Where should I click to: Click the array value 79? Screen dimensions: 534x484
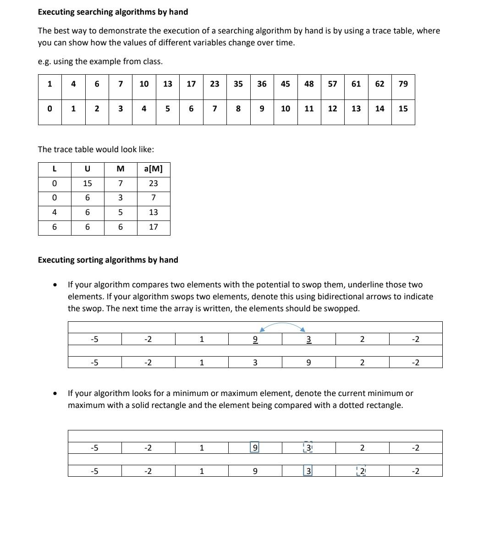tap(403, 84)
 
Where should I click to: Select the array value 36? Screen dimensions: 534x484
tap(262, 84)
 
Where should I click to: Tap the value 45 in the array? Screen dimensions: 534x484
tap(285, 84)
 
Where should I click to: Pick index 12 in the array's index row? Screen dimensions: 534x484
tap(332, 109)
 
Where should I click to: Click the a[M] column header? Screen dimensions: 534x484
tap(153, 169)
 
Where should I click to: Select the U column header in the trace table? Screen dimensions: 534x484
tap(87, 169)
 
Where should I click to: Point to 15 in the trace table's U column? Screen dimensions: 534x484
tap(87, 183)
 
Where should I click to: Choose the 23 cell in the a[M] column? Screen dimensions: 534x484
tap(153, 183)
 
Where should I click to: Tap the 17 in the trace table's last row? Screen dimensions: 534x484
tap(153, 227)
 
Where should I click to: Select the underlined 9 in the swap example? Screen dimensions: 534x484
tap(255, 340)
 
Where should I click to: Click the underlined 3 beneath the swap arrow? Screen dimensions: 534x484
tap(308, 340)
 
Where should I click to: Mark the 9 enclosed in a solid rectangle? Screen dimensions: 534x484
tap(255, 447)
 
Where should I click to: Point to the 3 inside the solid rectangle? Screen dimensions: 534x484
tap(308, 471)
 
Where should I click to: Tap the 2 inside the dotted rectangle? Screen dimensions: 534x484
tap(362, 471)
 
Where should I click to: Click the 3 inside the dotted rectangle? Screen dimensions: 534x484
tap(308, 447)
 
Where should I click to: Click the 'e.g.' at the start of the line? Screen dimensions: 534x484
tap(44, 61)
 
